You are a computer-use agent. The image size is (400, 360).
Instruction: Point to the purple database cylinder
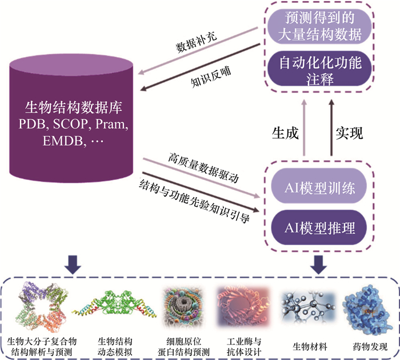click(73, 120)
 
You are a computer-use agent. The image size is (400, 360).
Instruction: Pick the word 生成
click(284, 133)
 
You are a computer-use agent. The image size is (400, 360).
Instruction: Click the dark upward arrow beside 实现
click(330, 129)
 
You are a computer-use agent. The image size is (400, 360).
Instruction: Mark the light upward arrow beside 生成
click(305, 129)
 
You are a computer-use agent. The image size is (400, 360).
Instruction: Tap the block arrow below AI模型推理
click(319, 262)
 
